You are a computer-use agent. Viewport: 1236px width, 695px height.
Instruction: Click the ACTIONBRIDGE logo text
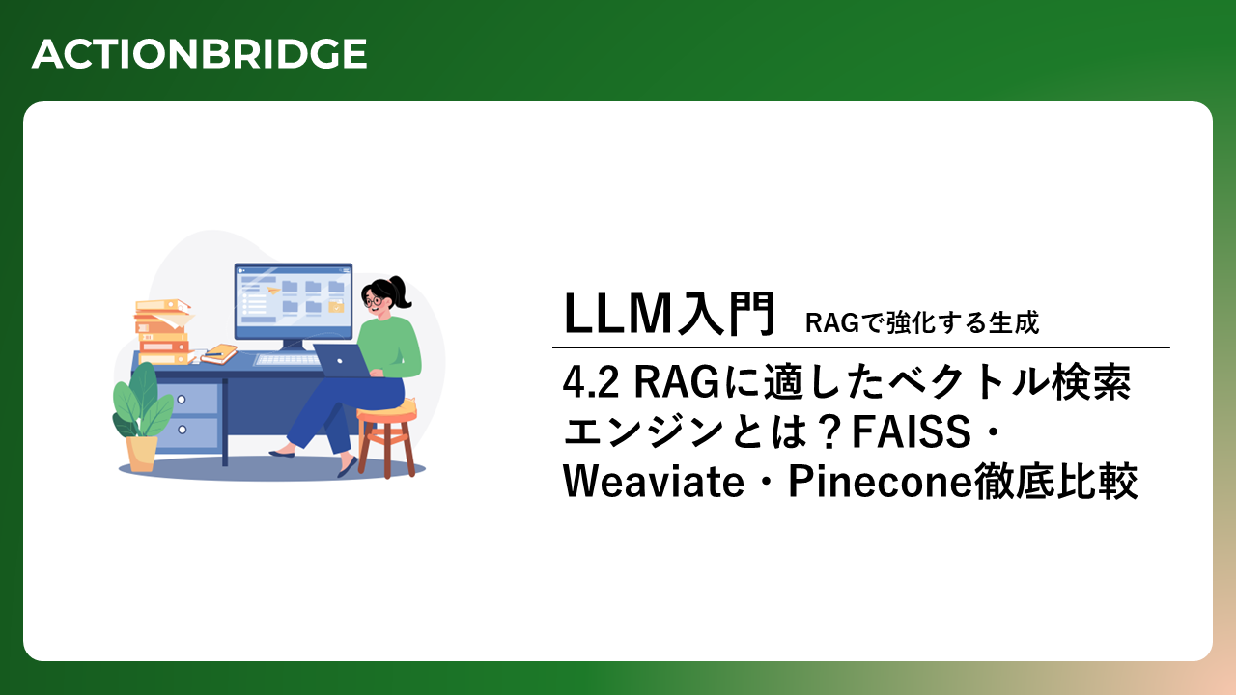(x=199, y=54)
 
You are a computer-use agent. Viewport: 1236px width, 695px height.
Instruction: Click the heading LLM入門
(x=669, y=314)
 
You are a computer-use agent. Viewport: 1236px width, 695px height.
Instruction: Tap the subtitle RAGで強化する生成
(x=922, y=322)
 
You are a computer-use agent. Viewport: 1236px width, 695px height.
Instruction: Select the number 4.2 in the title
(x=590, y=383)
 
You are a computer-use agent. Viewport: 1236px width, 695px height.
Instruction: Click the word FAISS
(x=911, y=431)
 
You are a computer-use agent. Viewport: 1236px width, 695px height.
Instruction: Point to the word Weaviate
(x=654, y=482)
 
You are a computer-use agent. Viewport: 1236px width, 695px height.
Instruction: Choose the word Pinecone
(x=880, y=482)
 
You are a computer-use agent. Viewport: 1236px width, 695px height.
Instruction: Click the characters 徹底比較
(x=1055, y=482)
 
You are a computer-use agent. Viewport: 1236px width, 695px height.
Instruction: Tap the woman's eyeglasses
(x=373, y=300)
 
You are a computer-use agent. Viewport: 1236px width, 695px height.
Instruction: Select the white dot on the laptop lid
(x=340, y=361)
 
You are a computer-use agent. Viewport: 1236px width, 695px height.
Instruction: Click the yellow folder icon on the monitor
(x=336, y=307)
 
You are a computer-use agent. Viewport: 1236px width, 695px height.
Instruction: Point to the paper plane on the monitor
(x=272, y=290)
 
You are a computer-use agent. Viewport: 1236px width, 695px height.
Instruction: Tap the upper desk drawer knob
(x=181, y=400)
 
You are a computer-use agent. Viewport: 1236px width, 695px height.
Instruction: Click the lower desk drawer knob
(x=183, y=430)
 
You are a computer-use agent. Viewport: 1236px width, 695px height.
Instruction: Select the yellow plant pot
(x=141, y=454)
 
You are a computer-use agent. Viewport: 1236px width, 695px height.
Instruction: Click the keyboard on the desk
(x=287, y=360)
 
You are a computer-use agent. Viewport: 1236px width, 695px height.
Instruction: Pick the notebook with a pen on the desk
(x=219, y=354)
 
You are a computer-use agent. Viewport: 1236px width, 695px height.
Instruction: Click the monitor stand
(x=293, y=346)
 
